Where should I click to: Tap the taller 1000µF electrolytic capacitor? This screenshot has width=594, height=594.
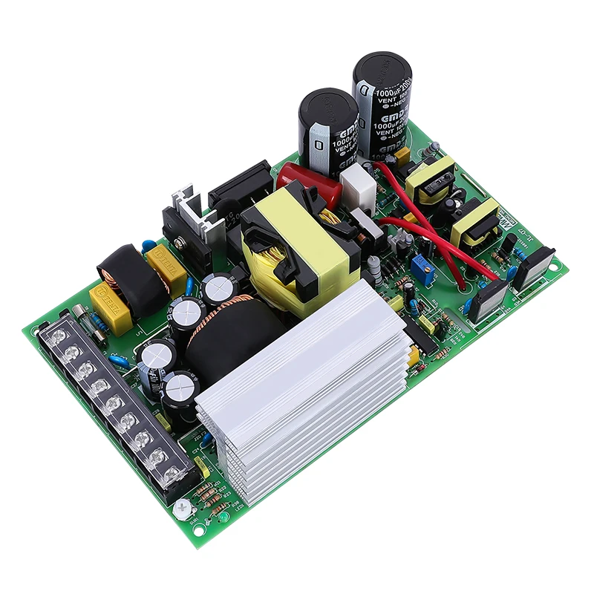click(x=382, y=104)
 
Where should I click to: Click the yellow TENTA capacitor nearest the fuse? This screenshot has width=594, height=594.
click(x=108, y=303)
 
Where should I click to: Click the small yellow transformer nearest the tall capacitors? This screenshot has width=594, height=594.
click(x=429, y=178)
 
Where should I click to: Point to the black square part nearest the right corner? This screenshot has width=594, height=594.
click(x=533, y=269)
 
